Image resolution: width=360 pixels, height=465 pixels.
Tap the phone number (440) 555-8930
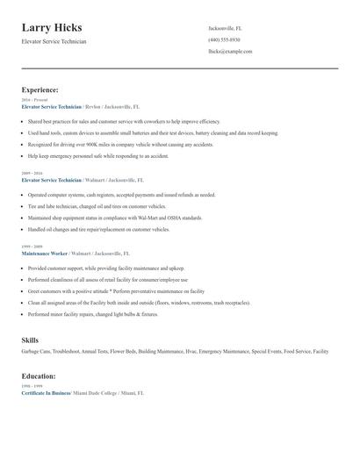point(226,39)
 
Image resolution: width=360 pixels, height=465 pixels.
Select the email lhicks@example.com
point(230,52)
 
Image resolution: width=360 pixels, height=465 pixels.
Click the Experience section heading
point(40,89)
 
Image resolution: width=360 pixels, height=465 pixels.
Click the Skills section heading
point(30,340)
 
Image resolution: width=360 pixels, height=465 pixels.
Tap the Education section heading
point(40,376)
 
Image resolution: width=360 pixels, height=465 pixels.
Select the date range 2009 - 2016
point(31,174)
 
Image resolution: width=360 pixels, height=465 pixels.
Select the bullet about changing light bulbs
point(92,313)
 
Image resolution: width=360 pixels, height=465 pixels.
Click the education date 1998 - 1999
point(31,387)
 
